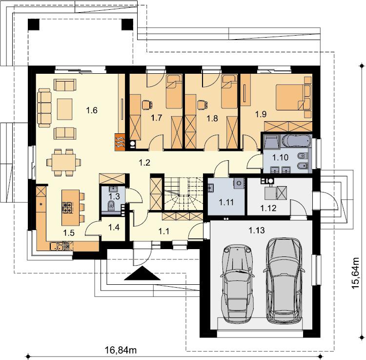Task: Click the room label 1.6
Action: (x=92, y=110)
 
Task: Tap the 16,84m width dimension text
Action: (x=121, y=350)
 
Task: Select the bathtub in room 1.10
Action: (x=297, y=141)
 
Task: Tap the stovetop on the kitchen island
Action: (x=67, y=207)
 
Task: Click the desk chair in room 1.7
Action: (x=147, y=105)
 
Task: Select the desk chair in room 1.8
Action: (x=203, y=105)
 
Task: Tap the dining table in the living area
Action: (x=64, y=162)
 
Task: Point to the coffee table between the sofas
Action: (x=64, y=109)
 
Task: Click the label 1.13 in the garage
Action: (x=257, y=231)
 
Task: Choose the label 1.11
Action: (x=226, y=202)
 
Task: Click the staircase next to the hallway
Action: (x=183, y=193)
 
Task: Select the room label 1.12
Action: (x=268, y=208)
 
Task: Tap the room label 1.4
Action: (x=114, y=227)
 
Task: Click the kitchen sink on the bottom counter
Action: (x=57, y=247)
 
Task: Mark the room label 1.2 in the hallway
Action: (x=144, y=162)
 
